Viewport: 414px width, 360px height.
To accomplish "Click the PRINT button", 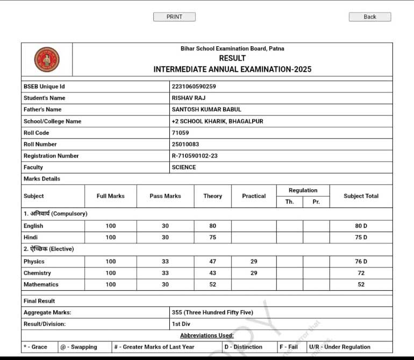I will pos(174,17).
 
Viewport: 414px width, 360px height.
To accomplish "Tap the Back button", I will pos(369,17).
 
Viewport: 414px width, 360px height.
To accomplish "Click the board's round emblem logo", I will pos(47,59).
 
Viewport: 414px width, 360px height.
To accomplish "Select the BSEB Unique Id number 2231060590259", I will pos(194,87).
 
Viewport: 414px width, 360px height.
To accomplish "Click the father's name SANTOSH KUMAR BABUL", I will pos(206,110).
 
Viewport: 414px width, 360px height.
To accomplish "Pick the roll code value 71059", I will pos(180,133).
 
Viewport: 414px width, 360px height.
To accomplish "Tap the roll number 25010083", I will pos(185,144).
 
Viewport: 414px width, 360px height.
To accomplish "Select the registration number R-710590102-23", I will pos(194,156).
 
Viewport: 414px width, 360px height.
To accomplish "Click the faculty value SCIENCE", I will pos(184,167).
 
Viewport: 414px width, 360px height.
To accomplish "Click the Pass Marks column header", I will pos(165,196).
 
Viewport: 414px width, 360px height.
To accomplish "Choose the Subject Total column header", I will pos(361,196).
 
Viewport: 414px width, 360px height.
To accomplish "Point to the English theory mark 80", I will pos(212,226).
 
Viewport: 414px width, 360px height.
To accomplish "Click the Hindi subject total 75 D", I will pos(361,237).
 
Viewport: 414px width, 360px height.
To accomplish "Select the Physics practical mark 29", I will pos(254,262).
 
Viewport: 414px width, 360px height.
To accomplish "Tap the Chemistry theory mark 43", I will pos(212,273).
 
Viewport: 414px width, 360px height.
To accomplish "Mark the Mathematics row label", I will pos(41,284).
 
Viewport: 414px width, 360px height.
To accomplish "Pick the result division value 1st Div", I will pos(181,324).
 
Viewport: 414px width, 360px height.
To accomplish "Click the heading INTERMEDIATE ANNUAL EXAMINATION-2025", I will pos(232,69).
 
